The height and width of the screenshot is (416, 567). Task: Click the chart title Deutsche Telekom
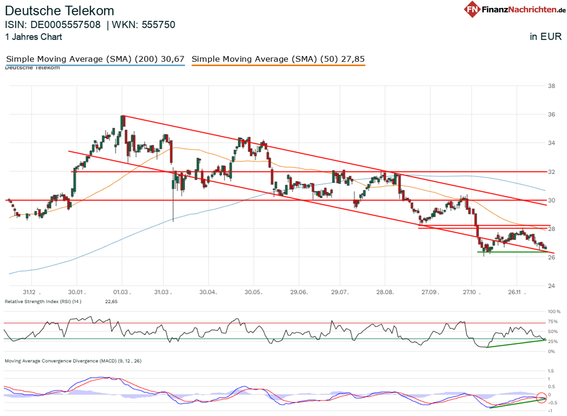point(60,11)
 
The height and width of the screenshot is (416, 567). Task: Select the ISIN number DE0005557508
point(66,25)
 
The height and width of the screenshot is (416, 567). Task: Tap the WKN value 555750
point(158,25)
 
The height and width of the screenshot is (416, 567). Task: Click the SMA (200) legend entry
point(95,59)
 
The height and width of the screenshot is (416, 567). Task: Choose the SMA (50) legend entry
point(278,59)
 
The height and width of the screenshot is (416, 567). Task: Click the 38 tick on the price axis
point(552,86)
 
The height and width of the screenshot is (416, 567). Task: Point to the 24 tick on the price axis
point(552,285)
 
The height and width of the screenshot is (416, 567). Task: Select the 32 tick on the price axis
point(552,172)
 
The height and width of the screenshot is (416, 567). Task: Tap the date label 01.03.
point(122,292)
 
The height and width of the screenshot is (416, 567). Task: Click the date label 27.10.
point(472,292)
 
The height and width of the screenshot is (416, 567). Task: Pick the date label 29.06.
point(299,292)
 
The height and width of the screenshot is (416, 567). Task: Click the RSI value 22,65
point(111,301)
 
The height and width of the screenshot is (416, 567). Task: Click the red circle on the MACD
point(541,397)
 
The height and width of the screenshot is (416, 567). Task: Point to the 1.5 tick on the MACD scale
point(551,370)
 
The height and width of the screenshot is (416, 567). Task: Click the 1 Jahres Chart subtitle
point(34,37)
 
